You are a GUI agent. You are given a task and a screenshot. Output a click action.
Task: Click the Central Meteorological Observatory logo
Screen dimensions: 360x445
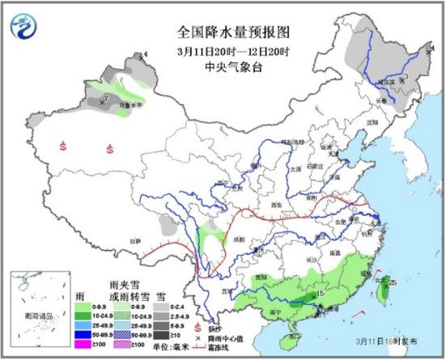point(24,27)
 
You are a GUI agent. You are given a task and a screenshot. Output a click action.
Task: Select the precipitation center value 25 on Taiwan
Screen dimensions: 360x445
point(392,282)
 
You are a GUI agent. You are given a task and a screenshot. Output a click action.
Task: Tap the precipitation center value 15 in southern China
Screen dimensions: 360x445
point(320,293)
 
